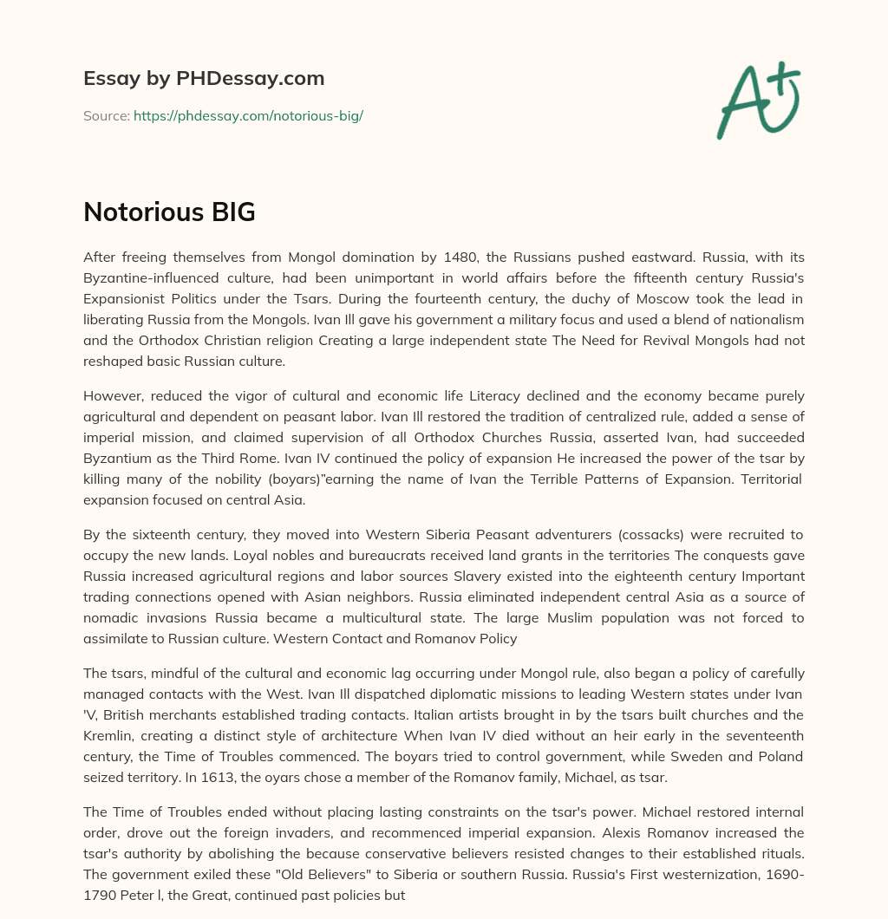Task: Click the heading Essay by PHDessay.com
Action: point(204,78)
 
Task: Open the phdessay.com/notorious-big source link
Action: point(248,115)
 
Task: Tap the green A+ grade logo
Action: point(757,100)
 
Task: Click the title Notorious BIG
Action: point(169,212)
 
